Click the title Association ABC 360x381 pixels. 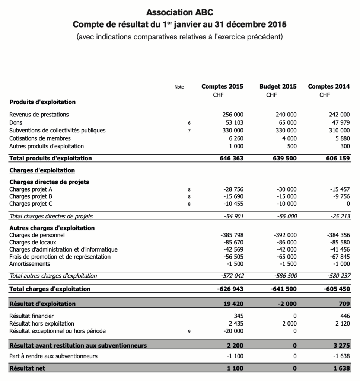coord(180,12)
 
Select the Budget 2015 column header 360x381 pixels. coord(278,86)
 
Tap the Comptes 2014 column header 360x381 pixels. coord(329,86)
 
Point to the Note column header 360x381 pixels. coord(179,87)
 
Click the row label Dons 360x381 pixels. coord(16,122)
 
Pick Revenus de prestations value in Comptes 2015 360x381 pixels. coord(233,115)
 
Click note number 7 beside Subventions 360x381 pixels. coord(189,131)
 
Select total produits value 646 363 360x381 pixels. coord(232,158)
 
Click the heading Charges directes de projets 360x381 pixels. coord(49,182)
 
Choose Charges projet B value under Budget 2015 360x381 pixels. coord(287,196)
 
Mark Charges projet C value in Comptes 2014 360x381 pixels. coord(348,204)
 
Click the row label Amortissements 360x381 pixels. coord(29,264)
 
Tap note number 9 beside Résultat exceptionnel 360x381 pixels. coord(189,331)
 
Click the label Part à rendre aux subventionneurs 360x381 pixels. coord(53,356)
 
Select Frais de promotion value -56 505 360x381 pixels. coord(233,257)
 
